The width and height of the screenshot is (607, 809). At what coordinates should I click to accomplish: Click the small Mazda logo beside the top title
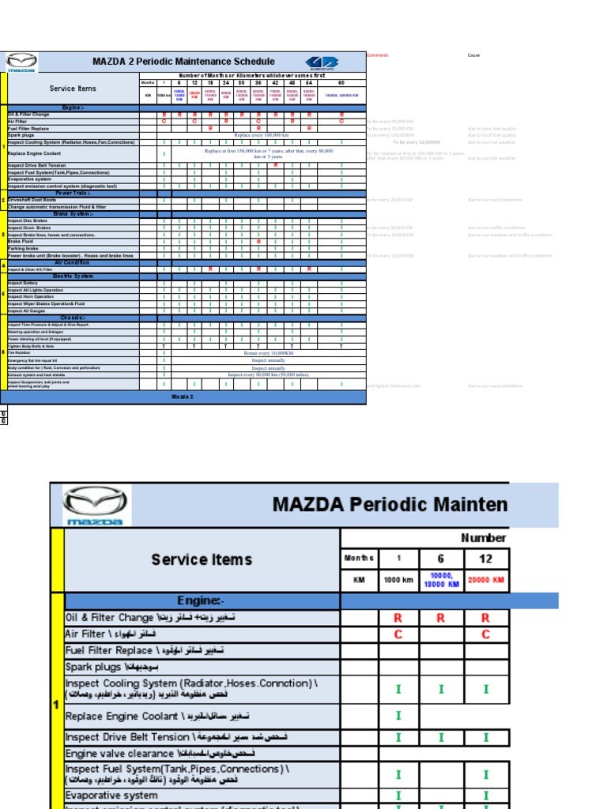click(x=21, y=62)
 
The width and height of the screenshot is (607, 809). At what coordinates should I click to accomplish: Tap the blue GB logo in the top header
click(x=322, y=62)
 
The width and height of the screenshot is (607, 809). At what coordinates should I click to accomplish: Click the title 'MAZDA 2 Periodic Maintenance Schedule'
click(x=183, y=62)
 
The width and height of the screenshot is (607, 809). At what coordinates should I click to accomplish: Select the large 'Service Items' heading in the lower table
click(x=202, y=559)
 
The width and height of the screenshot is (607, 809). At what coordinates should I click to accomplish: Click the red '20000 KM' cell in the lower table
click(x=485, y=581)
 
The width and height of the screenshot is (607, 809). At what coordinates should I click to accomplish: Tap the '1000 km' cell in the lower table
click(x=398, y=581)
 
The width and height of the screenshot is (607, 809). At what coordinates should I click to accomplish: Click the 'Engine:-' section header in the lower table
click(x=202, y=601)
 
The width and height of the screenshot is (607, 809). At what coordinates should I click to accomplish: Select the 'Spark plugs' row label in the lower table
click(x=95, y=667)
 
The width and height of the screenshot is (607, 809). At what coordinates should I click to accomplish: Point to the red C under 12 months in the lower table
click(x=485, y=634)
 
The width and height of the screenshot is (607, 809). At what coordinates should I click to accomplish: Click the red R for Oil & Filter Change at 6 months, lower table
click(x=441, y=618)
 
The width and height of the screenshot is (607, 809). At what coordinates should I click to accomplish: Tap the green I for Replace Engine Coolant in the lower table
click(x=398, y=716)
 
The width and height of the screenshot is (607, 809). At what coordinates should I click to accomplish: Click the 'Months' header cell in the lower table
click(x=359, y=559)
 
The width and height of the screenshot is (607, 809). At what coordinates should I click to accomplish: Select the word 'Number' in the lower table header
click(x=483, y=538)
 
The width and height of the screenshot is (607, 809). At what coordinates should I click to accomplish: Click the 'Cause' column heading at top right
click(x=473, y=55)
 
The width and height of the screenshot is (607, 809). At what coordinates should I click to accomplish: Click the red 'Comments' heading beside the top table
click(x=377, y=55)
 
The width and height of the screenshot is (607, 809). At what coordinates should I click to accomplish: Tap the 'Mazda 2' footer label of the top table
click(x=183, y=397)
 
